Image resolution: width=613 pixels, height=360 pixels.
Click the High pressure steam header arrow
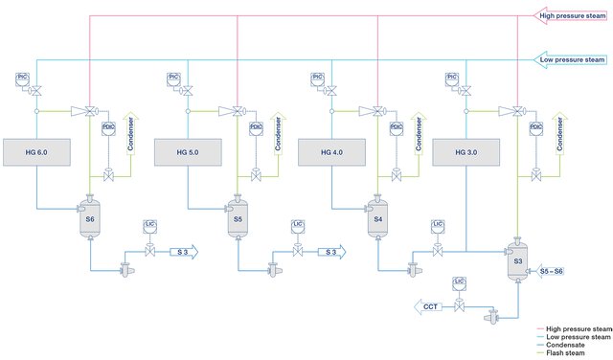pyautogui.click(x=572, y=15)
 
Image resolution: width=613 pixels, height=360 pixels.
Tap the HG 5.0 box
pyautogui.click(x=188, y=152)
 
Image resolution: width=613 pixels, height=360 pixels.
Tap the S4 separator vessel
pyautogui.click(x=377, y=219)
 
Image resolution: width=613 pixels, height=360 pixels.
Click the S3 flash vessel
pyautogui.click(x=518, y=261)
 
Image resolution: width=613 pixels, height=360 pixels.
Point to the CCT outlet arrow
pyautogui.click(x=432, y=306)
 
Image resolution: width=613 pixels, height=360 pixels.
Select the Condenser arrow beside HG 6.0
pyautogui.click(x=134, y=137)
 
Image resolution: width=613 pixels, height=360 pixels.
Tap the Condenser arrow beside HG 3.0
pyautogui.click(x=562, y=137)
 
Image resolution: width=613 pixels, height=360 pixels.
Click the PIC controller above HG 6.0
pyautogui.click(x=23, y=76)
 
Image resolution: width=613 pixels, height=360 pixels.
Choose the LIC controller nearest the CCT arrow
pyautogui.click(x=460, y=282)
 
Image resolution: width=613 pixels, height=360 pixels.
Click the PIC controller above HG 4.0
pyautogui.click(x=318, y=76)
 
